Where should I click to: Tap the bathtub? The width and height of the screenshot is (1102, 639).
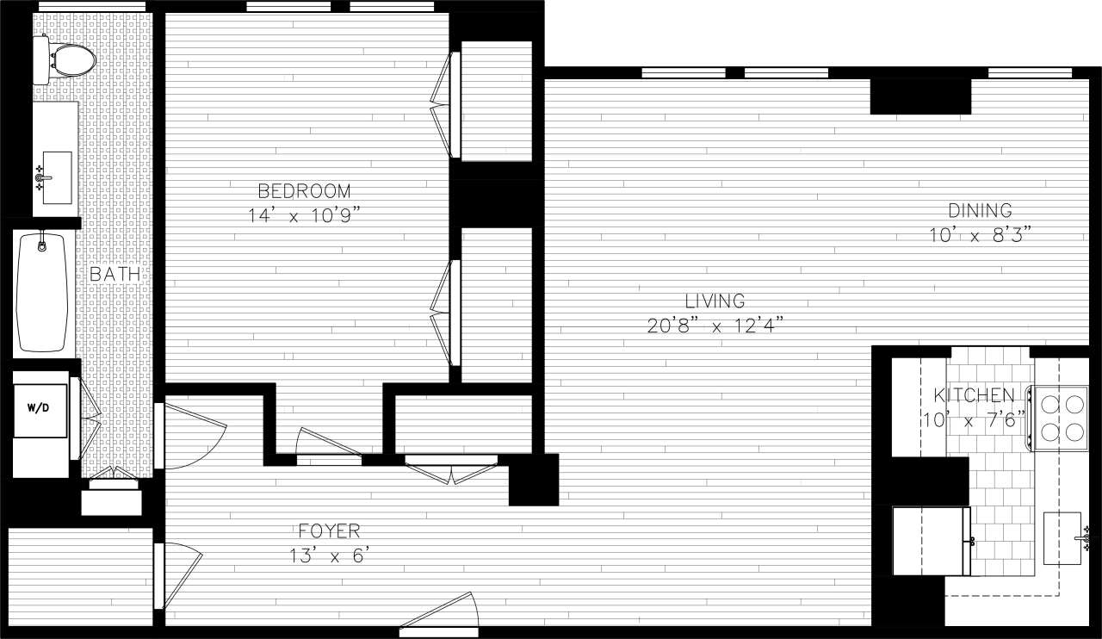[43, 292]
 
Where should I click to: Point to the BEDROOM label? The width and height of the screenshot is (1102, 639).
[305, 191]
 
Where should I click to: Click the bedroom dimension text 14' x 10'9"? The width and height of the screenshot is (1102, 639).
[304, 215]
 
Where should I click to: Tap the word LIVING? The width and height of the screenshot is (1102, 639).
[715, 301]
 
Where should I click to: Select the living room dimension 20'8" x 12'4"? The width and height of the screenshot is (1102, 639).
[715, 326]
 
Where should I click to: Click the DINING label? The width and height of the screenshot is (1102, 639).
[980, 210]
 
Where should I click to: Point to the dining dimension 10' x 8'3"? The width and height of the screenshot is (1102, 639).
[980, 234]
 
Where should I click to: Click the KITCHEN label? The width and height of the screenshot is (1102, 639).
[975, 396]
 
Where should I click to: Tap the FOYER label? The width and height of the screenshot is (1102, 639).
[329, 531]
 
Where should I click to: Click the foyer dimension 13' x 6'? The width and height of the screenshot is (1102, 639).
[329, 555]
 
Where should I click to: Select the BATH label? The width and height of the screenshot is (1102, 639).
[115, 275]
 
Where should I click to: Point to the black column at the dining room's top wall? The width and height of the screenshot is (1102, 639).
[920, 96]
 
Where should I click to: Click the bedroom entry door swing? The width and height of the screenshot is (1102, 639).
[328, 446]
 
